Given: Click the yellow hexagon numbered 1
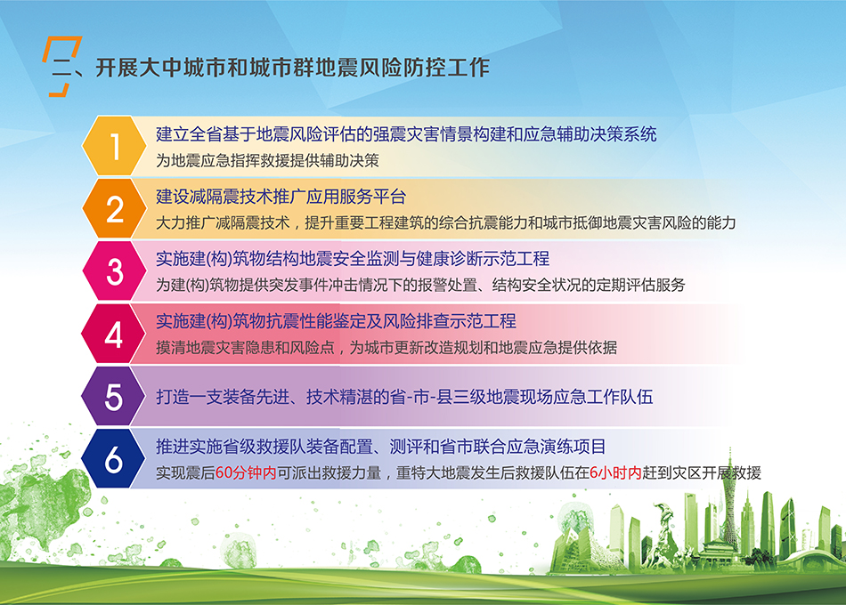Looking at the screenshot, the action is [114, 146].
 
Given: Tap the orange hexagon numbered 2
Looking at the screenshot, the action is [114, 208].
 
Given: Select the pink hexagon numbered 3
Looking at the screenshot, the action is [114, 270].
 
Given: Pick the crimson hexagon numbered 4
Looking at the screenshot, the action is [114, 334].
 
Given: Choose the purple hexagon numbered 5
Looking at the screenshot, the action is [114, 396].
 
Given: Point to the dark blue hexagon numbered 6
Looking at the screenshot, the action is [114, 459].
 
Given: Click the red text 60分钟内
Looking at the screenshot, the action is [246, 473].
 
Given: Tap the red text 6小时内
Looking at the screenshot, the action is [615, 473].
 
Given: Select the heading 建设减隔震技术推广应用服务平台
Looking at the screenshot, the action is [281, 197].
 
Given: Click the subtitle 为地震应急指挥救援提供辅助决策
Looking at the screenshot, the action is [268, 161].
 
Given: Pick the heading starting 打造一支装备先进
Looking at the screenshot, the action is [404, 398].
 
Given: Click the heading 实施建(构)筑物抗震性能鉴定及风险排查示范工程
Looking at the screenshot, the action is [336, 322].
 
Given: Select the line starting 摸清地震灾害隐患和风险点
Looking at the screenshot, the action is [386, 348].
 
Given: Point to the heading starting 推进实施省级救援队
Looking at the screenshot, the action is [381, 447].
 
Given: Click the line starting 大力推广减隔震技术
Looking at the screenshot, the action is [445, 222].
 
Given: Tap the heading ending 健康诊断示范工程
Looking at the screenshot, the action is [353, 260].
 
